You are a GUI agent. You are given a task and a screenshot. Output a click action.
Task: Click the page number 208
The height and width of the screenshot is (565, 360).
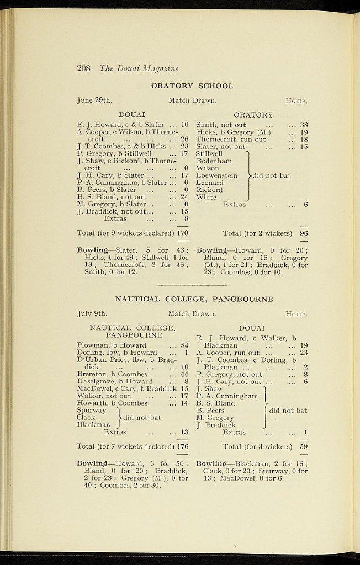click(x=83, y=68)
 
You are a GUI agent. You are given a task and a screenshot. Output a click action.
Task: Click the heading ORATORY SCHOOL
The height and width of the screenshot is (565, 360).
click(x=192, y=86)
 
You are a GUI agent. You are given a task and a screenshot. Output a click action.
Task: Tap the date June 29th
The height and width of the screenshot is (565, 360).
click(x=94, y=100)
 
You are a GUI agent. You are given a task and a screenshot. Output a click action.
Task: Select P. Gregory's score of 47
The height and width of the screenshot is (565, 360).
click(x=184, y=153)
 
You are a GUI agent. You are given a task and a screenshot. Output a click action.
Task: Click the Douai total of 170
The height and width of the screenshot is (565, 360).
click(x=182, y=233)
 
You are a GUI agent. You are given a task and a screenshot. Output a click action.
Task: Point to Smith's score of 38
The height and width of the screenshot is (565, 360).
click(x=304, y=125)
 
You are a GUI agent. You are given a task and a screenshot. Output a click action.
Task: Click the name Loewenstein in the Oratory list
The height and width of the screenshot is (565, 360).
click(x=217, y=175)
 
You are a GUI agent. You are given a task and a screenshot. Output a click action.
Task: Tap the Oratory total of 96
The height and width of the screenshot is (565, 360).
click(x=304, y=233)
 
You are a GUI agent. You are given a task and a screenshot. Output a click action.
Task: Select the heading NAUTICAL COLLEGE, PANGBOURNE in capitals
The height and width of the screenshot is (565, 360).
click(x=194, y=299)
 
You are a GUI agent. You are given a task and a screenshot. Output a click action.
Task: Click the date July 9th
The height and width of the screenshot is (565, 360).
click(x=92, y=314)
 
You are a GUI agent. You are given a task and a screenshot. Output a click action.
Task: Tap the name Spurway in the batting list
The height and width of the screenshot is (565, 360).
click(x=92, y=411)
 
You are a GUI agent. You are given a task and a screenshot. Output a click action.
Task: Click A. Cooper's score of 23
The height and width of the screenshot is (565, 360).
click(x=304, y=353)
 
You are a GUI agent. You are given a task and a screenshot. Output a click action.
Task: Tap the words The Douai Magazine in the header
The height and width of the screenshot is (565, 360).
click(x=139, y=68)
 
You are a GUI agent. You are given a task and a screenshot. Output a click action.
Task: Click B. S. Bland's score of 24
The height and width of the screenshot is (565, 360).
click(x=184, y=197)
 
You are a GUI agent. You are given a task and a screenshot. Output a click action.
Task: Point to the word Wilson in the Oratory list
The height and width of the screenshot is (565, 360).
click(x=208, y=168)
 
